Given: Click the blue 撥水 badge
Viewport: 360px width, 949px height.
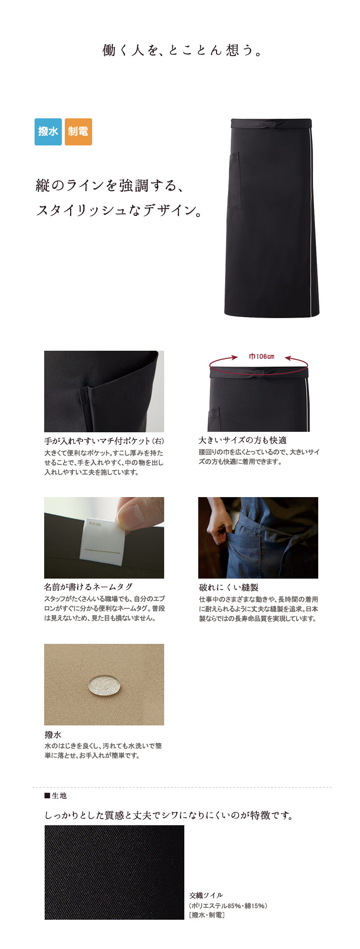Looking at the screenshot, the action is pos(48,131).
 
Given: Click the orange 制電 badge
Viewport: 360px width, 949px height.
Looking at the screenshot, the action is pos(78,131).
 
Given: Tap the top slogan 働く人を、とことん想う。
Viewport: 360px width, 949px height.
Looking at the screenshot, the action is pos(183,50).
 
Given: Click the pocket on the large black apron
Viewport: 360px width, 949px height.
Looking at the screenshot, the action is pos(234,181).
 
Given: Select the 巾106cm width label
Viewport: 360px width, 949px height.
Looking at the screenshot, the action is pos(262,356).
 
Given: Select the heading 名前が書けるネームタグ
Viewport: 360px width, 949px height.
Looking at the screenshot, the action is pos(88,587).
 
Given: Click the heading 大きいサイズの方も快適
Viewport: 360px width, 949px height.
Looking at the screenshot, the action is pos(242,440).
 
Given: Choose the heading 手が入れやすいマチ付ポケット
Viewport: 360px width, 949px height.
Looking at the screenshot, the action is pos(97,441).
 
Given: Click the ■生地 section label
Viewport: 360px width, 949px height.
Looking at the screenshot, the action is pos(55,795).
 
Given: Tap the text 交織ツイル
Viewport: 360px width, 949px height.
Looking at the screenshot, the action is pos(206,895).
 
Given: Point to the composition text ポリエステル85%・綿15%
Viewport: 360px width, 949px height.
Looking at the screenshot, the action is pos(228,905).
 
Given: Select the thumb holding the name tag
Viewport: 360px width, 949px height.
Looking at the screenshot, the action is pos(134,515).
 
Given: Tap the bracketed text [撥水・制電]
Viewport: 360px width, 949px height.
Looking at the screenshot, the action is pos(207,915).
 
